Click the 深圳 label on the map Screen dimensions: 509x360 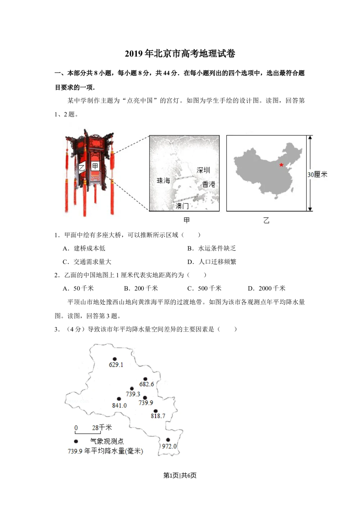point(203,170)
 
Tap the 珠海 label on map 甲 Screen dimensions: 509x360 point(163,180)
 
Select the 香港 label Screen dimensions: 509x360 point(209,184)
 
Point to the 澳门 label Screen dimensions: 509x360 point(182,206)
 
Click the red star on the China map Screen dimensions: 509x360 point(281,165)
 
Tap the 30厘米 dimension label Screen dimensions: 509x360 point(318,175)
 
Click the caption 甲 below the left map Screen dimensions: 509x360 point(186,220)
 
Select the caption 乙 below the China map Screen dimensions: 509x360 point(266,220)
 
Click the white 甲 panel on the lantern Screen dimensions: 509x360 point(95,166)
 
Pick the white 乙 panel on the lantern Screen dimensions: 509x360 point(82,168)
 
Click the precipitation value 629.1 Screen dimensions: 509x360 point(116,365)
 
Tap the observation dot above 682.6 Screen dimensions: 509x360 point(145,379)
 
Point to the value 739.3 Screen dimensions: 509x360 point(133,394)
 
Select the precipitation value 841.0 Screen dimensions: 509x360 point(120,405)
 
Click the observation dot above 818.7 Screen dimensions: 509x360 point(156,411)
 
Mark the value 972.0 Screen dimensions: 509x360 point(169,446)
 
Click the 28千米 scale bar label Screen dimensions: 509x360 point(102,428)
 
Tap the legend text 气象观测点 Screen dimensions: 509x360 point(107,441)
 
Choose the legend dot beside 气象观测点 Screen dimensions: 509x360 point(76,441)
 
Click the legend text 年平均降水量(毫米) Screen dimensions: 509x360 point(113,451)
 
